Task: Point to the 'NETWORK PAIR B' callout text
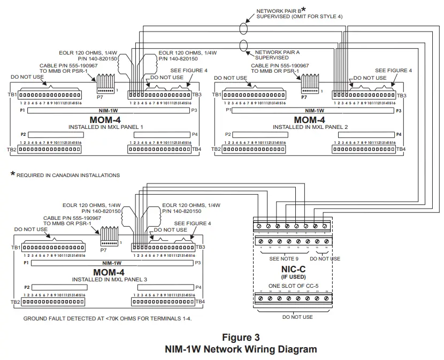pyautogui.click(x=278, y=11)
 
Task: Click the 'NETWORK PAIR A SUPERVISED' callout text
pyautogui.click(x=278, y=55)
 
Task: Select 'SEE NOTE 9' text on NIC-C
pyautogui.click(x=284, y=258)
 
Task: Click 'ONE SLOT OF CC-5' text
pyautogui.click(x=293, y=285)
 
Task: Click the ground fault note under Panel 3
pyautogui.click(x=107, y=318)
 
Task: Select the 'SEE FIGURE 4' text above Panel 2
pyautogui.click(x=393, y=70)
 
